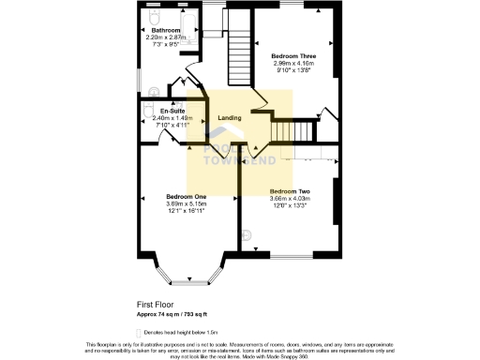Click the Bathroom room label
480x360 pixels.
coord(166,31)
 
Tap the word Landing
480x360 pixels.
coord(230,118)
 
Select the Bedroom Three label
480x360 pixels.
coord(293,56)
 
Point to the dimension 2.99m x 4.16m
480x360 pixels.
coord(293,64)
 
